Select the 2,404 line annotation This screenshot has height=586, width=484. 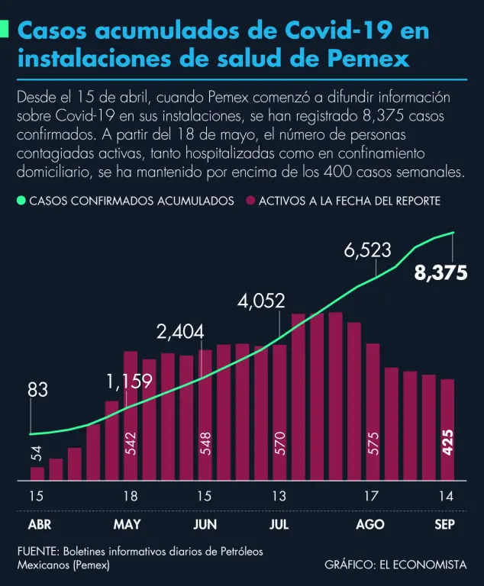(180, 332)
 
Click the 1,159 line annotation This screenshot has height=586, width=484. (129, 380)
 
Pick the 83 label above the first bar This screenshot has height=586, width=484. (37, 390)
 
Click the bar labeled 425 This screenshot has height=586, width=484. (448, 430)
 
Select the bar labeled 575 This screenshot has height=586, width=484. (373, 412)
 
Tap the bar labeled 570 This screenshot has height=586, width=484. (279, 413)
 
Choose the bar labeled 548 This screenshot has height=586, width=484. (205, 415)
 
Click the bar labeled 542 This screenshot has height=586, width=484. (130, 416)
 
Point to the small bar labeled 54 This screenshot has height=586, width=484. (37, 474)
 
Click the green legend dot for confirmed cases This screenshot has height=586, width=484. (21, 201)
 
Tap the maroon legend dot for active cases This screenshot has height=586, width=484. (250, 201)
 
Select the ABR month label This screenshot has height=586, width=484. (39, 525)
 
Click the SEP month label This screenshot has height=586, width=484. (445, 525)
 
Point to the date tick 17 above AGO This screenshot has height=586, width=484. (371, 497)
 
